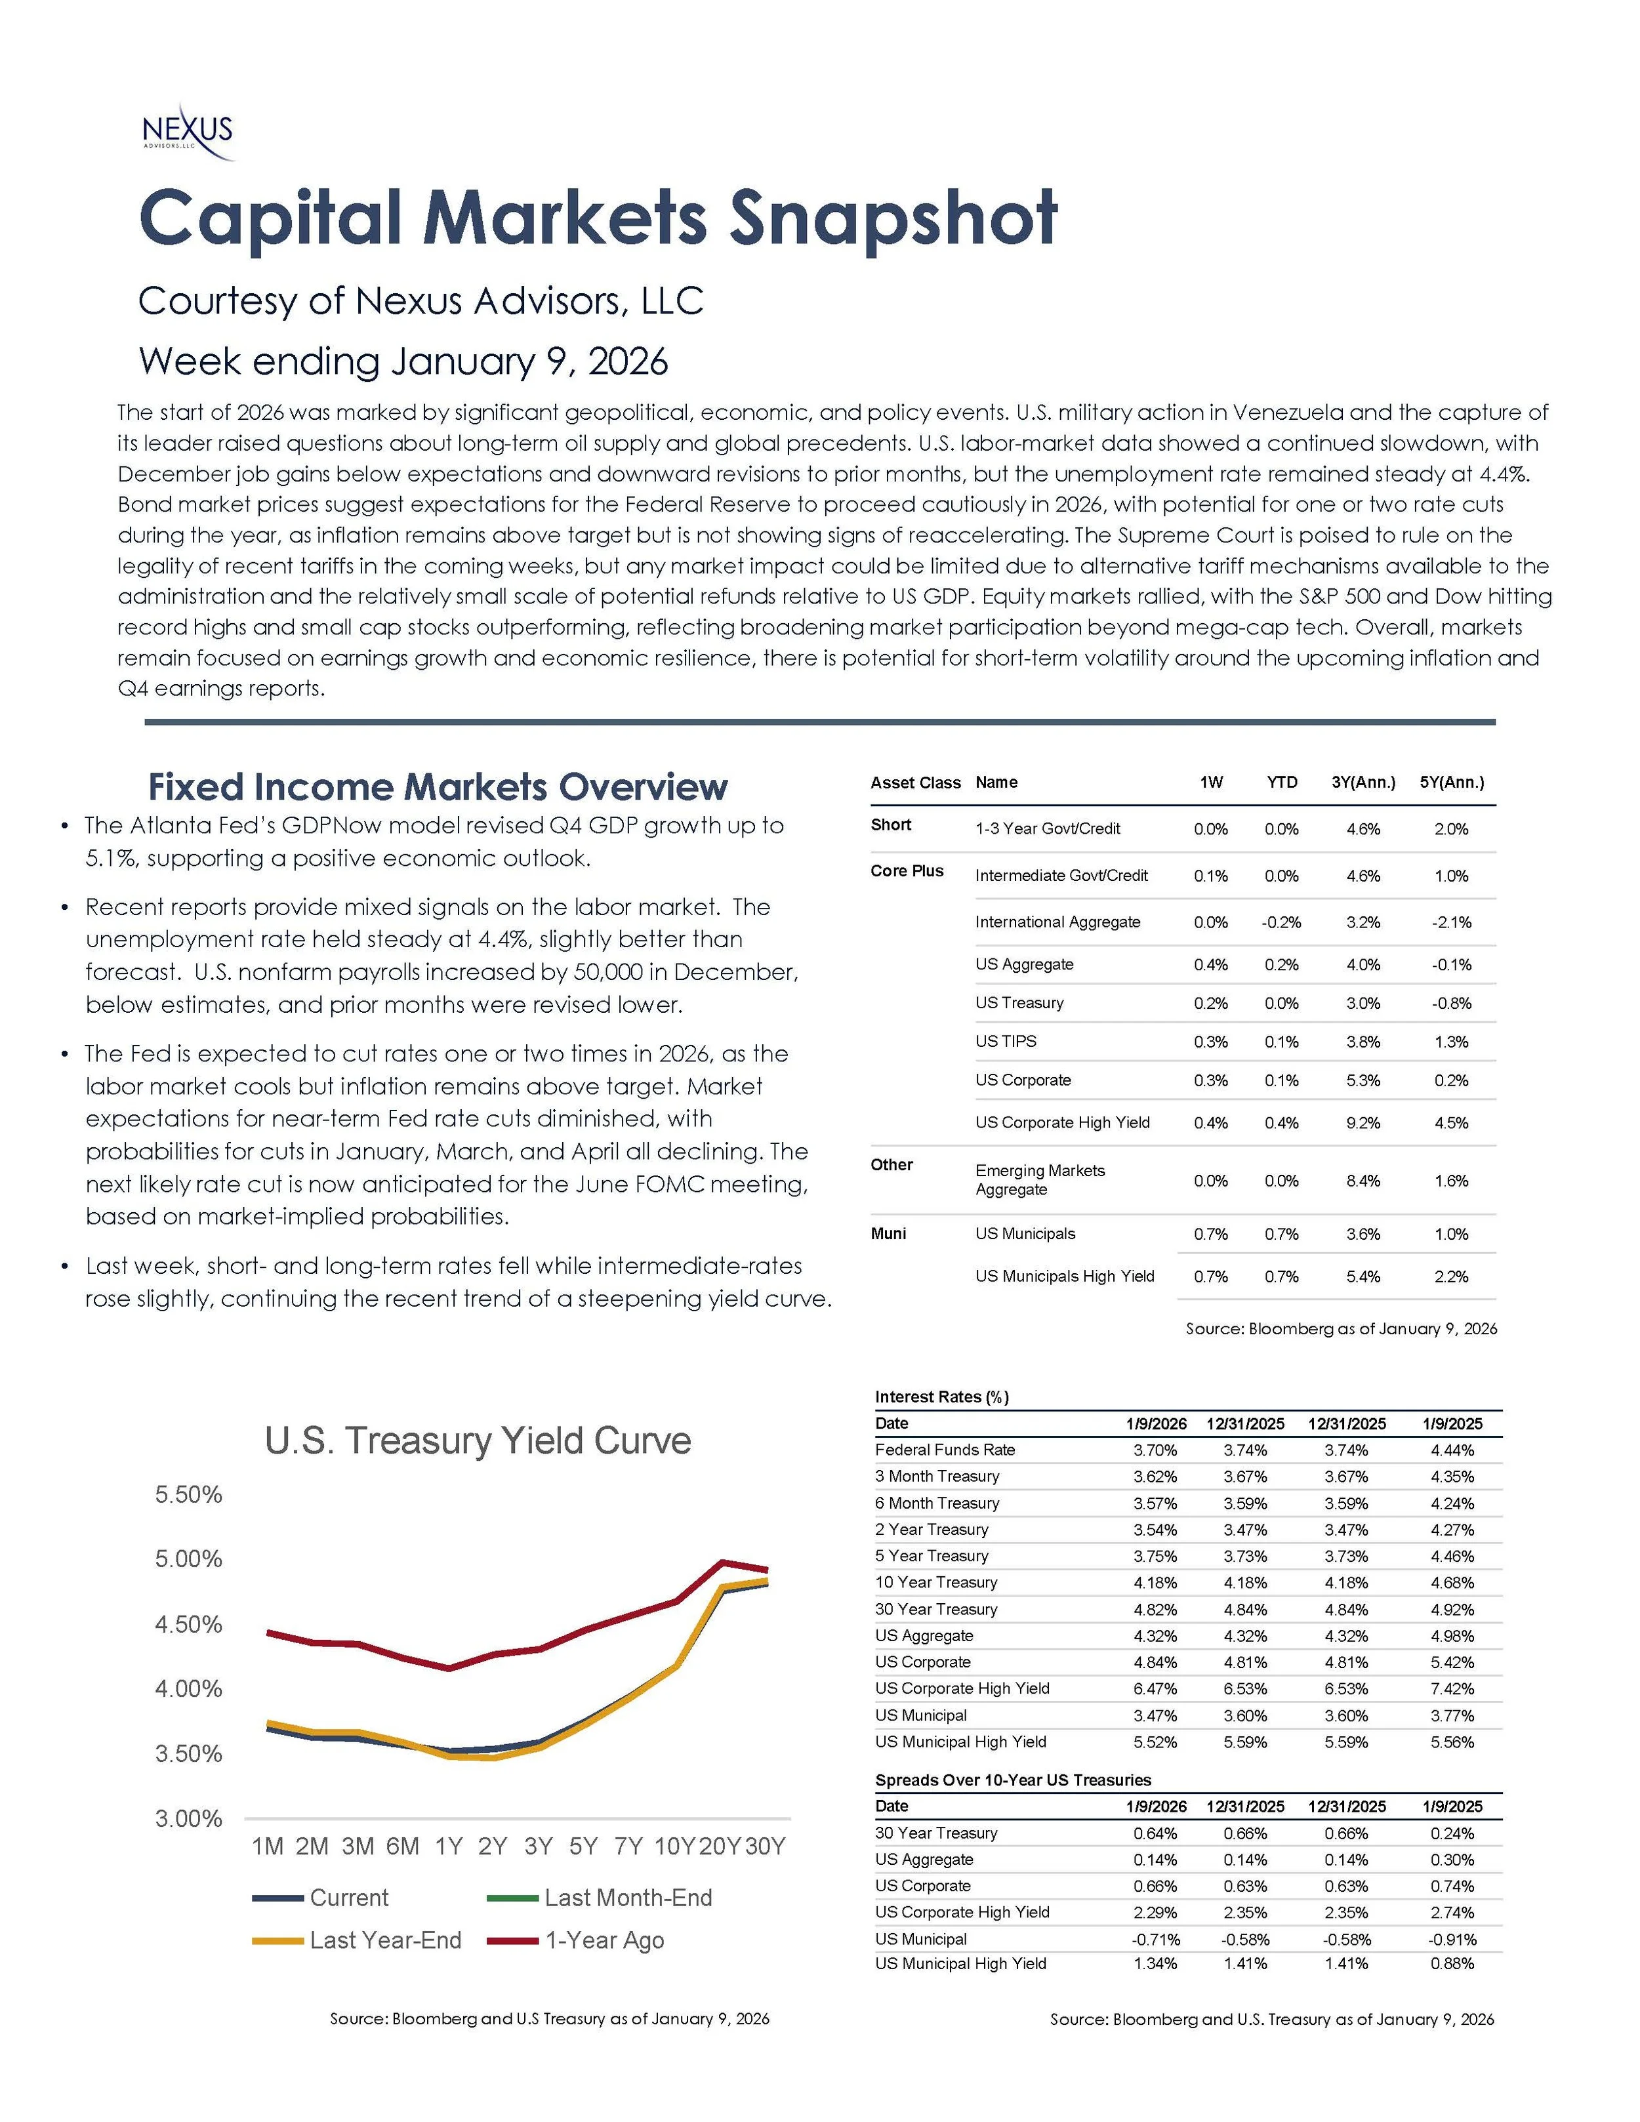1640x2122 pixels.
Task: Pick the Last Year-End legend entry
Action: (384, 1940)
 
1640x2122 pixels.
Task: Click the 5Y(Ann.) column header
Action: (1452, 782)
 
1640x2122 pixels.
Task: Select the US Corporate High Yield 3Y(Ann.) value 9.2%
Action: (1363, 1123)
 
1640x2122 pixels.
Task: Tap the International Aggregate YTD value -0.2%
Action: (1281, 922)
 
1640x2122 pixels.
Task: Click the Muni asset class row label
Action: (888, 1234)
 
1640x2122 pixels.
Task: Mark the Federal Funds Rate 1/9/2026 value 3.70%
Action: (1155, 1450)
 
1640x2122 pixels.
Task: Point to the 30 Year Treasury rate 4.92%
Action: (1452, 1610)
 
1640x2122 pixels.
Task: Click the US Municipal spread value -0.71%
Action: (1155, 1940)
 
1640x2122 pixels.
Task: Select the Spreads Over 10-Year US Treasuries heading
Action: (1012, 1780)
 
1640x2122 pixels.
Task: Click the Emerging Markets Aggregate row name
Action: (1040, 1179)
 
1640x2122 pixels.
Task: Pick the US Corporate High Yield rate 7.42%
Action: (1452, 1688)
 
